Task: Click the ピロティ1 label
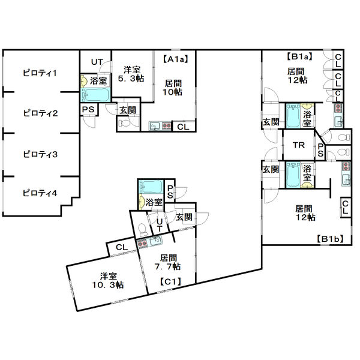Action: click(x=40, y=73)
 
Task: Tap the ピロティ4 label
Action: click(x=40, y=193)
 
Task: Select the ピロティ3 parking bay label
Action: click(x=40, y=154)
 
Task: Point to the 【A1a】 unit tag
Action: click(x=176, y=59)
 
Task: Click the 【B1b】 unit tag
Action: click(x=330, y=239)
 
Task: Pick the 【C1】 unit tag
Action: click(x=170, y=281)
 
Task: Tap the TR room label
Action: click(x=299, y=145)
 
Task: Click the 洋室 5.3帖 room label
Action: click(x=131, y=74)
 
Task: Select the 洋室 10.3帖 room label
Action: click(x=108, y=281)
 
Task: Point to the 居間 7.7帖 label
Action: click(x=168, y=262)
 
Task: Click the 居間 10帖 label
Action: click(x=173, y=88)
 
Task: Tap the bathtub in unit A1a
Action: click(x=95, y=95)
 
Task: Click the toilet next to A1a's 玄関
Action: click(x=124, y=124)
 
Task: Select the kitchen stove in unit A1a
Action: click(x=167, y=125)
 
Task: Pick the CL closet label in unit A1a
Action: click(x=183, y=127)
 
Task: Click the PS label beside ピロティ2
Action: click(x=88, y=110)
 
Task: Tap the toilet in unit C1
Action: click(x=142, y=230)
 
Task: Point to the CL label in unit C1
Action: click(x=122, y=247)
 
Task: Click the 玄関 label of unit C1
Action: click(x=184, y=217)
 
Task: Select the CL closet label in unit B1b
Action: click(x=346, y=208)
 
